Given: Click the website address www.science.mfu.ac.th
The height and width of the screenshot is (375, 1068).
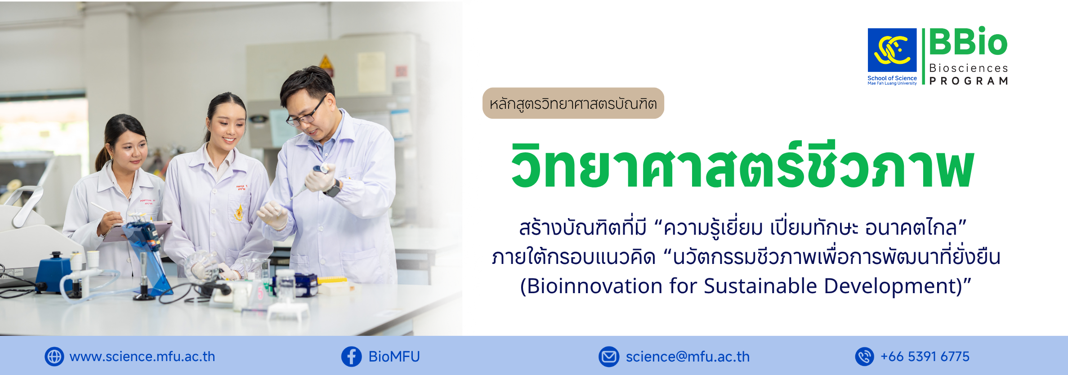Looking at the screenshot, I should point(142,357).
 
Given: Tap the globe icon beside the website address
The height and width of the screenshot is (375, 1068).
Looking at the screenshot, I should point(54,357).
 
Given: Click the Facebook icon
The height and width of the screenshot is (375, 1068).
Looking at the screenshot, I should point(351,357).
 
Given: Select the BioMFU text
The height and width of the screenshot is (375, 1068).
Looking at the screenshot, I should point(394,357).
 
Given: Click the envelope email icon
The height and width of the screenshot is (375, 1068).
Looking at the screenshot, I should point(609,357).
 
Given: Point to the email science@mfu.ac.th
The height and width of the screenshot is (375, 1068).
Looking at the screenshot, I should point(688,357).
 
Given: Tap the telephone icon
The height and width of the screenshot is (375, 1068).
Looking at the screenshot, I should point(864,357).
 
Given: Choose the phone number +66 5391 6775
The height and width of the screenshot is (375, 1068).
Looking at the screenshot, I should point(925,357).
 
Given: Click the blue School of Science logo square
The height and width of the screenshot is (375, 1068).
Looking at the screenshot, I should point(892,50).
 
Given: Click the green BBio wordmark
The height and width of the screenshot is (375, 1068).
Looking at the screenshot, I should point(968,42).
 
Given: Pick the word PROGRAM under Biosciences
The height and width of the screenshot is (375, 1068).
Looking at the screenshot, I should point(969,81).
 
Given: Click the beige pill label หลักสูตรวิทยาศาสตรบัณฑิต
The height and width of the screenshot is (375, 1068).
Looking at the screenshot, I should point(573,103).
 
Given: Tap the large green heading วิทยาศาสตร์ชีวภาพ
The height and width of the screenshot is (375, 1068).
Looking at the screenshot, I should point(742,165).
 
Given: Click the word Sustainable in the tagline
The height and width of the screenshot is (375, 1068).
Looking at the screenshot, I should point(760,286).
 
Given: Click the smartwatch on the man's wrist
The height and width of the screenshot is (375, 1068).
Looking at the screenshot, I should point(333,189).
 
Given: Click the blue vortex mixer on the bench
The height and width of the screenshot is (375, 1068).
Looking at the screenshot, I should point(54,272).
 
